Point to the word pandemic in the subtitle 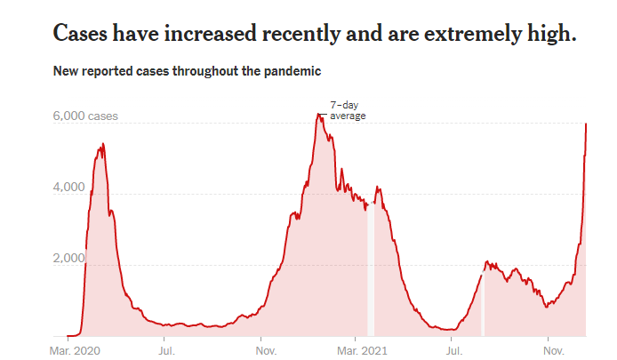tap(290, 70)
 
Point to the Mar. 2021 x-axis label tap(359, 350)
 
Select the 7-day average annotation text tap(348, 110)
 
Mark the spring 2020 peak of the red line tap(103, 144)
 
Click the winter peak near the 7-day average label tap(317, 114)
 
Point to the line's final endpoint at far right tap(586, 124)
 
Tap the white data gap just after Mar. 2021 tap(371, 267)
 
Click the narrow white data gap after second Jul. tap(483, 302)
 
